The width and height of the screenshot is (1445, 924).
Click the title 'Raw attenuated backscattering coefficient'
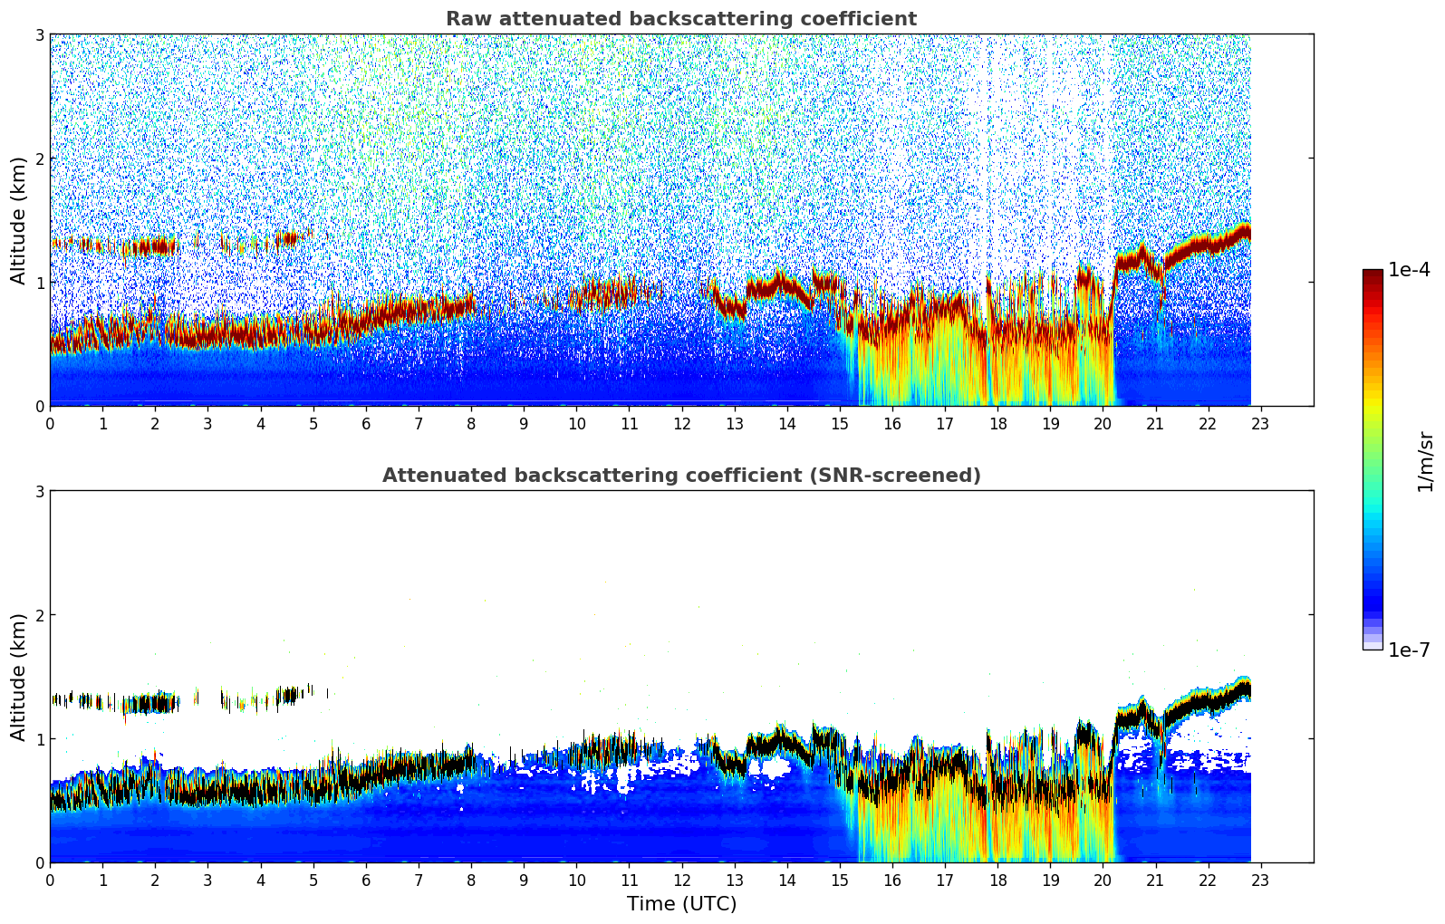pyautogui.click(x=680, y=19)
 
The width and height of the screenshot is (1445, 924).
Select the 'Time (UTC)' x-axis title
pyautogui.click(x=681, y=904)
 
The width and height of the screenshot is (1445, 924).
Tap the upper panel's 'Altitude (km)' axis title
pyautogui.click(x=19, y=220)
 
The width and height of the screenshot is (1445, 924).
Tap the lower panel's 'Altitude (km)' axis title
pyautogui.click(x=19, y=677)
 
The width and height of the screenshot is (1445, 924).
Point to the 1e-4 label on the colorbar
pyautogui.click(x=1409, y=270)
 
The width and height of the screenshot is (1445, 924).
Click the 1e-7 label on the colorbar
pyautogui.click(x=1409, y=650)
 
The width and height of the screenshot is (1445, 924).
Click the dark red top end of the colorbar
pyautogui.click(x=1373, y=274)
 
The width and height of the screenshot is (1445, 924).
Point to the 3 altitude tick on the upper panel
pyautogui.click(x=39, y=34)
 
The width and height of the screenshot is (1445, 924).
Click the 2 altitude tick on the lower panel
pyautogui.click(x=39, y=615)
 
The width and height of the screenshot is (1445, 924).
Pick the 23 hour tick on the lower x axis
pyautogui.click(x=1260, y=881)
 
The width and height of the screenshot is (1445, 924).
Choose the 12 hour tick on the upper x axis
pyautogui.click(x=681, y=424)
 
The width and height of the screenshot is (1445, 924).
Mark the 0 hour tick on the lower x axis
pyautogui.click(x=50, y=881)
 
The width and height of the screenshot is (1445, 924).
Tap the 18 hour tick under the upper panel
pyautogui.click(x=997, y=424)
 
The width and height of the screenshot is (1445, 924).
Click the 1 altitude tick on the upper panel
pyautogui.click(x=39, y=283)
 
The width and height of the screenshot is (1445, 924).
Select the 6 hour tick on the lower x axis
pyautogui.click(x=366, y=881)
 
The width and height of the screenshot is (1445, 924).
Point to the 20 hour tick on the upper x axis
pyautogui.click(x=1103, y=424)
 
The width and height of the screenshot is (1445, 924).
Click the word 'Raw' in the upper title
pyautogui.click(x=465, y=19)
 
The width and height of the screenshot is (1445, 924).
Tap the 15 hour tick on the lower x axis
pyautogui.click(x=840, y=881)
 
